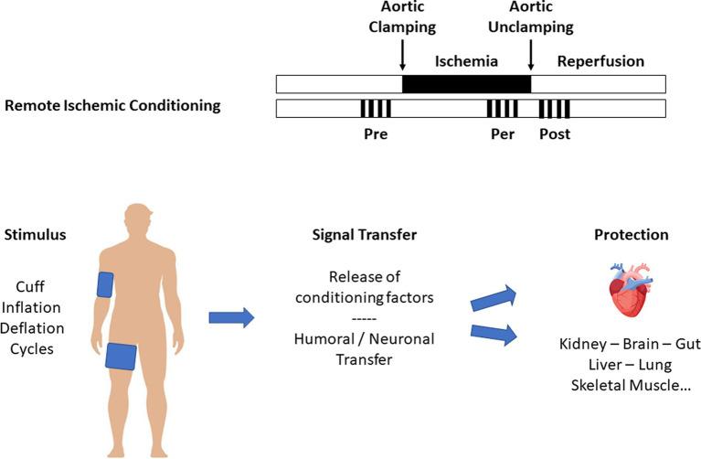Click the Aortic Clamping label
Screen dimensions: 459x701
point(402,18)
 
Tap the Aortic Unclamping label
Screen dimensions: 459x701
point(531,18)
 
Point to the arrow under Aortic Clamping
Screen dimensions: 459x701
point(402,56)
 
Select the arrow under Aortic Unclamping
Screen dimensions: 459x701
point(531,56)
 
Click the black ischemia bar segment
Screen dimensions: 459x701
point(466,84)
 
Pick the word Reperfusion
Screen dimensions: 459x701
point(600,61)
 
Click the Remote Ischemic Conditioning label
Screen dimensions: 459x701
point(112,105)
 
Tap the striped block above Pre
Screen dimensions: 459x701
point(376,109)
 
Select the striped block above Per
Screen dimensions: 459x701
point(502,109)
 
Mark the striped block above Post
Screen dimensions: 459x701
point(555,109)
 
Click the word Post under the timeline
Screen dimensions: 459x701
point(555,133)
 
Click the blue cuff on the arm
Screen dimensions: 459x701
point(105,284)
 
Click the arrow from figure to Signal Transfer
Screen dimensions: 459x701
point(232,317)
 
